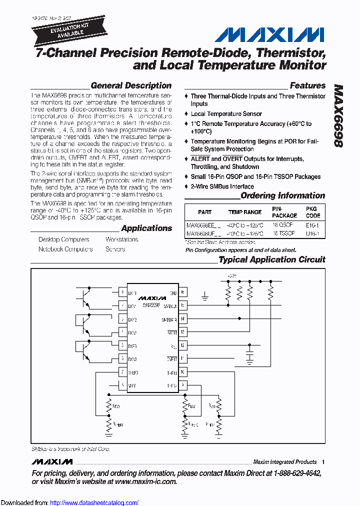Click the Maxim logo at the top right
(x=269, y=34)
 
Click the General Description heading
(x=131, y=85)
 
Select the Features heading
(x=307, y=85)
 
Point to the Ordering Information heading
(x=282, y=195)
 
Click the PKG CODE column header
(x=313, y=212)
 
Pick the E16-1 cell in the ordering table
(x=313, y=225)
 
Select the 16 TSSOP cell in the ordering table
(x=283, y=233)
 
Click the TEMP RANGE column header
(x=245, y=212)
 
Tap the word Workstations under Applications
(x=122, y=239)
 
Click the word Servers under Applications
(x=115, y=249)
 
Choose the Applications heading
(x=146, y=228)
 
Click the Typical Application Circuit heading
(x=272, y=259)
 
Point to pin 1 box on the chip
(x=121, y=292)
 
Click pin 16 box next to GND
(x=183, y=292)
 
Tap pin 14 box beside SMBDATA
(x=183, y=318)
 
